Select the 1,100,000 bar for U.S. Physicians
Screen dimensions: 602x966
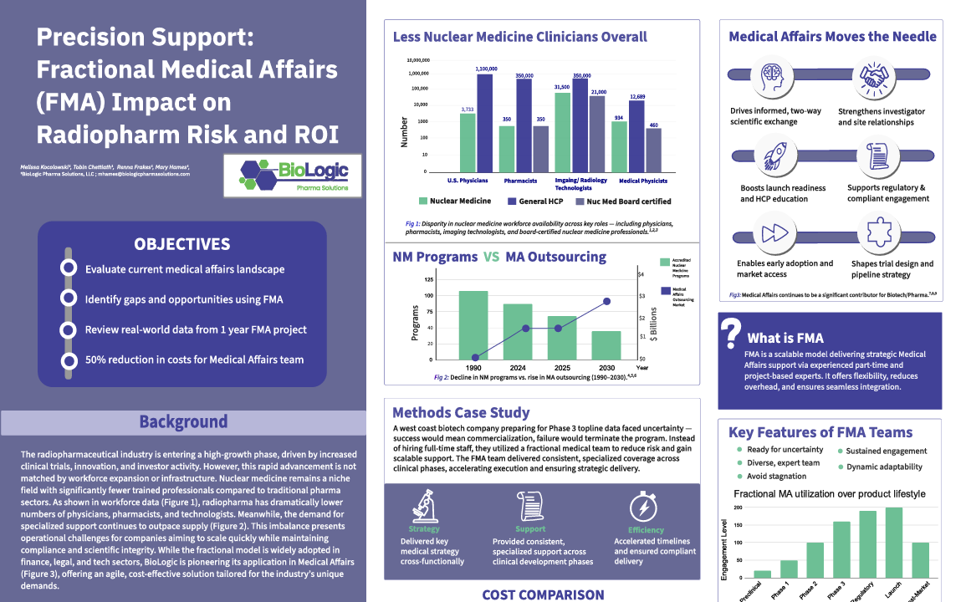coord(485,122)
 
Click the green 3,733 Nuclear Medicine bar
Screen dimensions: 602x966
coord(468,142)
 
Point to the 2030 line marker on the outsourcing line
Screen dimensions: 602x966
coord(607,301)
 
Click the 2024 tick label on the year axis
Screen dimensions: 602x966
coord(519,367)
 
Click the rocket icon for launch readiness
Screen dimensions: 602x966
coord(770,156)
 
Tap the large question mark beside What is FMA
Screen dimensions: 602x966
coord(732,332)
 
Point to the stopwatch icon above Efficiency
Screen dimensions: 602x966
coord(645,506)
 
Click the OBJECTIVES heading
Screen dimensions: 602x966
coord(182,244)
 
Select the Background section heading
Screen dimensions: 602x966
coord(183,422)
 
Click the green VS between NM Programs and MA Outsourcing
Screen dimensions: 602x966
coord(492,257)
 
